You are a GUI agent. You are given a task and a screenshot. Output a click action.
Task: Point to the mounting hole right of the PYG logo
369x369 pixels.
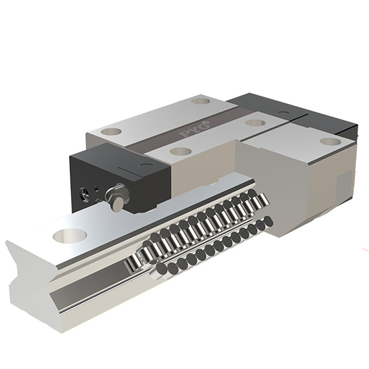(x=253, y=123)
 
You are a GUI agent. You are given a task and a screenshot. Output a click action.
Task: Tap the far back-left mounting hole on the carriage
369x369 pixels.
(x=199, y=101)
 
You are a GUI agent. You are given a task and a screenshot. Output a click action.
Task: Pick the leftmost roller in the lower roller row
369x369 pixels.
(x=162, y=270)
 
